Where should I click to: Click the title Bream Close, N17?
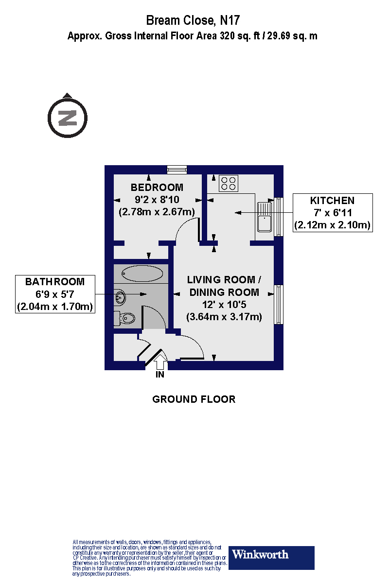point(193,20)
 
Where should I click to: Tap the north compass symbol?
point(67,118)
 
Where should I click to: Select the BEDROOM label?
point(157,188)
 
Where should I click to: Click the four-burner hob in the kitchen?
point(229,183)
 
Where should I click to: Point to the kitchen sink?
point(265,217)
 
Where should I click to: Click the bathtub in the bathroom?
point(141,274)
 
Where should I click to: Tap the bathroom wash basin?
point(121,294)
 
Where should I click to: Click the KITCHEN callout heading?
point(332,200)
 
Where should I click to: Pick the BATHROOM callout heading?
point(55,282)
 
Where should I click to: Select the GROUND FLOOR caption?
point(194,399)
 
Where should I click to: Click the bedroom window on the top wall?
point(177,170)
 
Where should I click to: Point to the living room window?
point(279,305)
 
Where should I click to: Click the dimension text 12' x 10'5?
point(224,305)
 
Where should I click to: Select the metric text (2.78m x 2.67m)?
point(157,212)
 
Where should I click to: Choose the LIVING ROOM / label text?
point(224,280)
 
